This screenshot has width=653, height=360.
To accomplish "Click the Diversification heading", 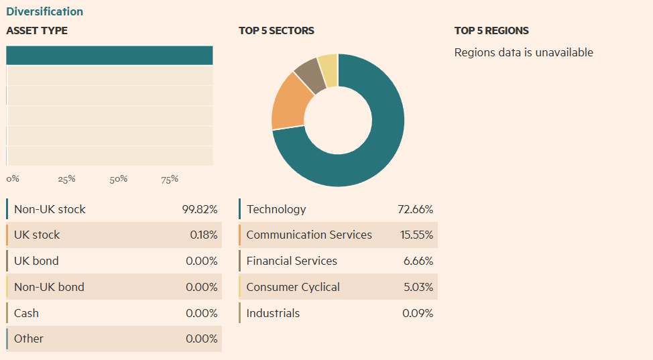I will click(45, 11).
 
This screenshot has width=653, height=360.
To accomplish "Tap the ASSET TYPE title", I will click(37, 31).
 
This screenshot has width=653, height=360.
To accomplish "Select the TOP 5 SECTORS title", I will click(276, 31).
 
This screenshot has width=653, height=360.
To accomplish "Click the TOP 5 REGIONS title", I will click(491, 31).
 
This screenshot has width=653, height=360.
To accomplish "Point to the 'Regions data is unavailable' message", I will click(524, 52).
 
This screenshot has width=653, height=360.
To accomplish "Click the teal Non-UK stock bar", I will click(109, 56).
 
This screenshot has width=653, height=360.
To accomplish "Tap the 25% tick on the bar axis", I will click(66, 179).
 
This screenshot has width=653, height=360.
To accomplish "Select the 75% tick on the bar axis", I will click(170, 179).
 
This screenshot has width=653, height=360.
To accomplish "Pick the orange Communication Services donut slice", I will click(290, 102).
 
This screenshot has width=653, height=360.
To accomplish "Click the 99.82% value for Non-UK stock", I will click(200, 209).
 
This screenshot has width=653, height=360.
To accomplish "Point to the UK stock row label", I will click(37, 235).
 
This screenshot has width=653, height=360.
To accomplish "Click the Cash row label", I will click(26, 313).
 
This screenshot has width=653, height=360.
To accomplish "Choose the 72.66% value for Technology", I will click(415, 209).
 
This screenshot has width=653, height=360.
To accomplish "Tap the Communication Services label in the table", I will click(309, 235).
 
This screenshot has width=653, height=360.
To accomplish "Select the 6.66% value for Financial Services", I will click(418, 261).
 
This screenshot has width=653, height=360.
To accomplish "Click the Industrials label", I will click(273, 313).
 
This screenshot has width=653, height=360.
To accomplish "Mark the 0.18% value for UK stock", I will click(203, 235).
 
